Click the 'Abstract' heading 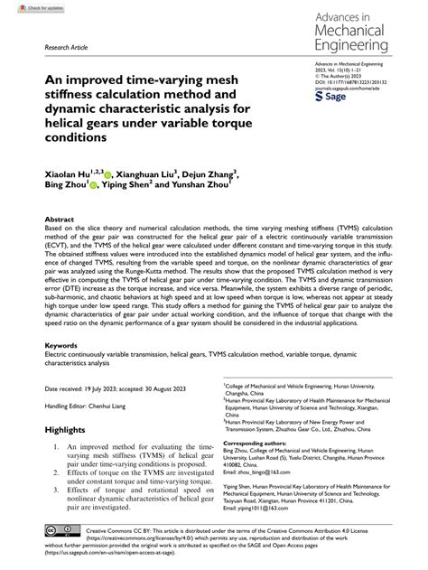click(x=59, y=220)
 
